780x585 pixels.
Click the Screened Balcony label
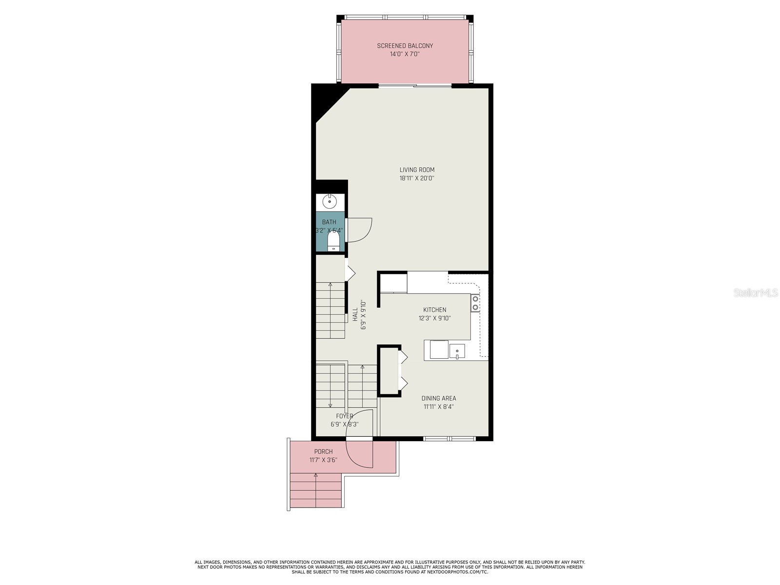coord(405,46)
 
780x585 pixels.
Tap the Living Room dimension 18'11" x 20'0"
coord(417,178)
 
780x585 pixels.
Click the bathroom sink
coord(330,201)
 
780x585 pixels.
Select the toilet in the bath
coord(333,241)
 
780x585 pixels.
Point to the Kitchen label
coord(434,310)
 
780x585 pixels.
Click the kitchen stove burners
coord(475,303)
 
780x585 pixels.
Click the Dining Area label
coord(439,398)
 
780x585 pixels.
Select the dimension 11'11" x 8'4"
coord(439,407)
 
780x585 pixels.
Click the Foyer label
coord(344,416)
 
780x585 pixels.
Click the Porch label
coord(323,451)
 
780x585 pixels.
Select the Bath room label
coord(329,222)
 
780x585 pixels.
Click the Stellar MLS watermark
coord(756,293)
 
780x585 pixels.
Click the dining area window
coord(449,439)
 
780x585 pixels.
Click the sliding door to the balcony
coord(415,86)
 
